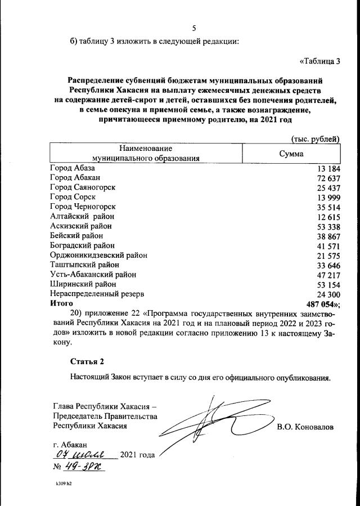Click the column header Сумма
tap(291, 154)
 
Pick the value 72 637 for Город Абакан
tap(329, 178)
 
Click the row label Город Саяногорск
tap(83, 187)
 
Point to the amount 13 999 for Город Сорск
tap(329, 198)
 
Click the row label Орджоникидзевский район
tap(98, 255)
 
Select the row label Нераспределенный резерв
tap(97, 293)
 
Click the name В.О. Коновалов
tap(305, 427)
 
